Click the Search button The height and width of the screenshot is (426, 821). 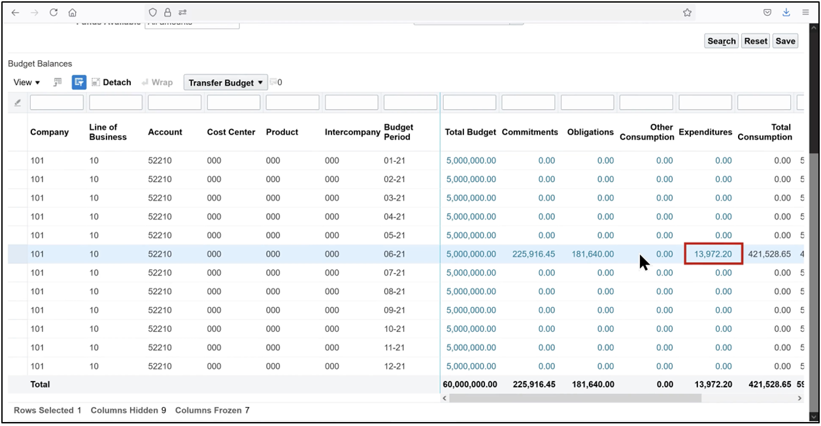(722, 41)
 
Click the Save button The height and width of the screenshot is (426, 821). (785, 41)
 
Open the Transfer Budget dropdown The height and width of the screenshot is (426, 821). (226, 83)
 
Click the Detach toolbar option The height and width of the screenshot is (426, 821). (111, 82)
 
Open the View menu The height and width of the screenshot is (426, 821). (27, 82)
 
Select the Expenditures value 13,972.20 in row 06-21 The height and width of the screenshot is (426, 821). (713, 254)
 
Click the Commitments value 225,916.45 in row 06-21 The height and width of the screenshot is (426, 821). (533, 254)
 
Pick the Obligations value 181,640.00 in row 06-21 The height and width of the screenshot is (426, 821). (592, 254)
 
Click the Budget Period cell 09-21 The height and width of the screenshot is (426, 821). (395, 310)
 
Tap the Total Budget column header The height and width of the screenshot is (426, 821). (471, 132)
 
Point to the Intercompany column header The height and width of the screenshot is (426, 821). (352, 132)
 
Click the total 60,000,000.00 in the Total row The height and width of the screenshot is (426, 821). (470, 385)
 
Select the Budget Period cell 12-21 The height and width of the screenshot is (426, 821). (395, 367)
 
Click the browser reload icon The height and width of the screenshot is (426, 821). (54, 12)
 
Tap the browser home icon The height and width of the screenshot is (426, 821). (73, 12)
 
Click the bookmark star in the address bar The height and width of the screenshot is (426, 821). (687, 12)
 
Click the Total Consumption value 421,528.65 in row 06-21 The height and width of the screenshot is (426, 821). (769, 254)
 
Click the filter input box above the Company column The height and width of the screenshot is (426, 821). (57, 103)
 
